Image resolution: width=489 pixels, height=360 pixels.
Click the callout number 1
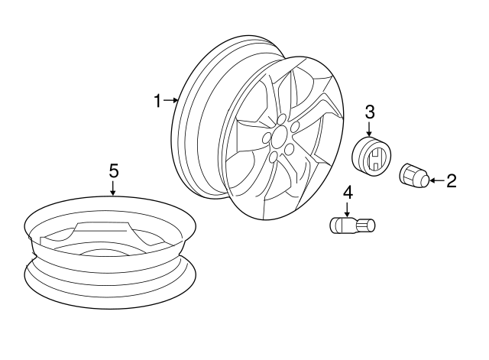click(158, 101)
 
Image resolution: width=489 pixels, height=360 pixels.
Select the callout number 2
click(452, 180)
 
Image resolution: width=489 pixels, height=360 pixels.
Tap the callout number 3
click(370, 112)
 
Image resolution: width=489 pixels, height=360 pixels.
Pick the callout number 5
click(114, 171)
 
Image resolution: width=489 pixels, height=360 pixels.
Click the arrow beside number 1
click(170, 100)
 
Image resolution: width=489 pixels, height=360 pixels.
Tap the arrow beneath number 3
click(369, 129)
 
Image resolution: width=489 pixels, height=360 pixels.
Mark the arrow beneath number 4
click(347, 209)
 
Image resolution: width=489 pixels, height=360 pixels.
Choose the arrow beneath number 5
click(113, 188)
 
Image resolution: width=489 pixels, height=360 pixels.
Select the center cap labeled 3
click(371, 156)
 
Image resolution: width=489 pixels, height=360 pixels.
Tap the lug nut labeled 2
click(414, 176)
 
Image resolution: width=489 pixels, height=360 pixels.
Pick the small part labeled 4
click(352, 225)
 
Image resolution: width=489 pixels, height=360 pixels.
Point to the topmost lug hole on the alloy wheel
click(282, 119)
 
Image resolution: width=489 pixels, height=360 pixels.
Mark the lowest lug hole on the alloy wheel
click(274, 157)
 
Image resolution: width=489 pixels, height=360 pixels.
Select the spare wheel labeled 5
click(110, 253)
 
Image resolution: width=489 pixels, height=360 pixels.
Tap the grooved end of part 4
click(365, 225)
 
